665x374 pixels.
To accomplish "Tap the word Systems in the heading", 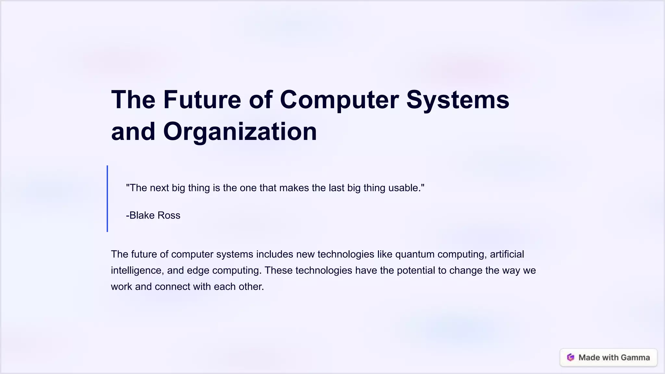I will tap(458, 100).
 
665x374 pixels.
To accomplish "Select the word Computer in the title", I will tap(339, 100).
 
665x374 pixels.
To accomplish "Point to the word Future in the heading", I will tap(202, 100).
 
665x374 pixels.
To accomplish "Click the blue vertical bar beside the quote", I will tap(107, 199).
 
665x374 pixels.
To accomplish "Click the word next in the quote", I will tap(159, 188).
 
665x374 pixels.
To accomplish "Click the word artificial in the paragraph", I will tap(507, 254).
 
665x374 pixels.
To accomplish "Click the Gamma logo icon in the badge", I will tap(571, 357).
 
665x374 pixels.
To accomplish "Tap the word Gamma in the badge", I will tap(635, 357).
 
